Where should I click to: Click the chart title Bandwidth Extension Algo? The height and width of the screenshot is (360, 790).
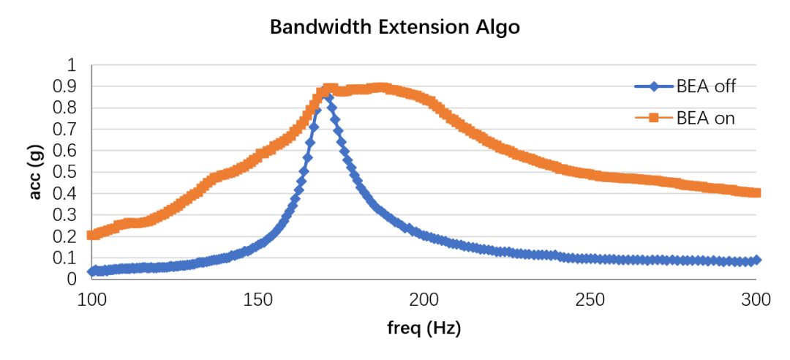click(x=395, y=28)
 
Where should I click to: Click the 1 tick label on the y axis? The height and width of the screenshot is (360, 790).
click(x=72, y=65)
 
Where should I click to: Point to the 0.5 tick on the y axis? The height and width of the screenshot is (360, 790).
click(x=65, y=172)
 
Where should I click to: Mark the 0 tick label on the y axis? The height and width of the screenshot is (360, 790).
click(x=72, y=279)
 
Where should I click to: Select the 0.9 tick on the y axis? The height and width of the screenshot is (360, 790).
click(x=65, y=86)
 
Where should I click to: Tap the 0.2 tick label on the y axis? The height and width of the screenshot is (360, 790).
click(x=65, y=236)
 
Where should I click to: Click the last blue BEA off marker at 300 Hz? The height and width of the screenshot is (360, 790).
click(x=756, y=260)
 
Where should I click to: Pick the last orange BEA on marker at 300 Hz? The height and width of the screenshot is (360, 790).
click(x=756, y=192)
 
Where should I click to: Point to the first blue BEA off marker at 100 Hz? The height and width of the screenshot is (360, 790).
click(x=91, y=271)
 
